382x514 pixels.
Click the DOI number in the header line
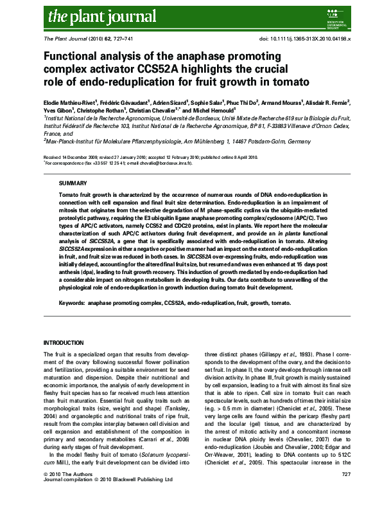pyautogui.click(x=308, y=39)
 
